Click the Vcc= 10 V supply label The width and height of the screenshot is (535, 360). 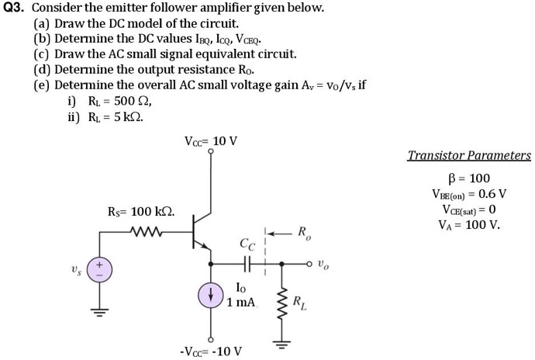point(211,141)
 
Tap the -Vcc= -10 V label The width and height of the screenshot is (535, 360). point(210,351)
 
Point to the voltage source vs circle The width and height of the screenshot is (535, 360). point(98,269)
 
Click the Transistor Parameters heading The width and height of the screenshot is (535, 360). point(470,155)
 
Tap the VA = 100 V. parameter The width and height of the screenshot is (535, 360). point(470,226)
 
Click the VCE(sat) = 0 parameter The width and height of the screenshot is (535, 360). point(470,209)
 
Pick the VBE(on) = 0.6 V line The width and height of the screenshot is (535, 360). point(470,194)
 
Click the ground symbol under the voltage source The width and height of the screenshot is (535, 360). point(98,313)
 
